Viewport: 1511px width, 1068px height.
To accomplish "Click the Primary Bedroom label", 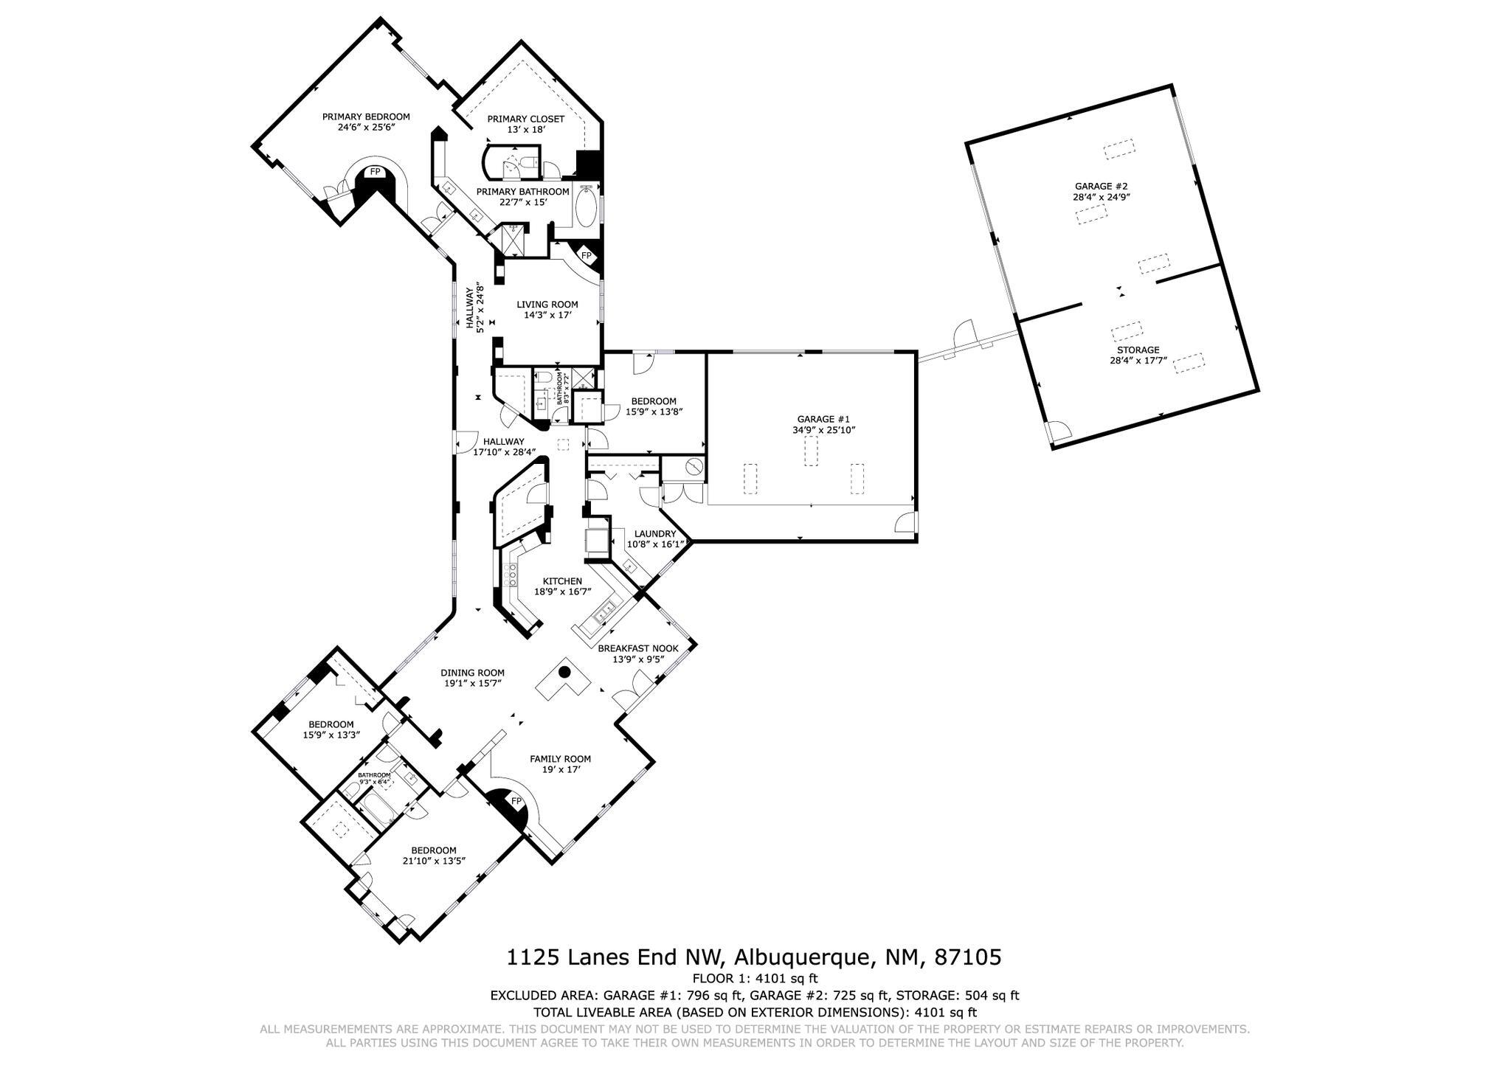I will [365, 117].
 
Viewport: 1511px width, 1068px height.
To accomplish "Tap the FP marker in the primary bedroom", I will [375, 172].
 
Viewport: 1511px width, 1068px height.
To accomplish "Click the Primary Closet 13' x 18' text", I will [525, 124].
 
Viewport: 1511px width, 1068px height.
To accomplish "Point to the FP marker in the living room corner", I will [587, 255].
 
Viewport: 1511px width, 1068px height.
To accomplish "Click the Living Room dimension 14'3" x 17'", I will [547, 315].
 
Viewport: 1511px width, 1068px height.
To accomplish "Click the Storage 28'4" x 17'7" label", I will [1137, 355].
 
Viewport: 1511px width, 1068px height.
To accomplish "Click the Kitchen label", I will [562, 581].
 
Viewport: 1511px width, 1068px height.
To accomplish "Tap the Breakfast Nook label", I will [637, 648].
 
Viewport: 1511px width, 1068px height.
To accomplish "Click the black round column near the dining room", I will [564, 672].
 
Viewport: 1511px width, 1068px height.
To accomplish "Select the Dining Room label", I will [472, 673].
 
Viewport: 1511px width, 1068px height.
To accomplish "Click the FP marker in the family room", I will [516, 801].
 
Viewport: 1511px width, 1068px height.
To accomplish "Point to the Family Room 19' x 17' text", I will [560, 763].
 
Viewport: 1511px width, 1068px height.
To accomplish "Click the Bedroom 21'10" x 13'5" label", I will [433, 855].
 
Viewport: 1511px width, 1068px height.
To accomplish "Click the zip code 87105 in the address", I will [967, 957].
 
